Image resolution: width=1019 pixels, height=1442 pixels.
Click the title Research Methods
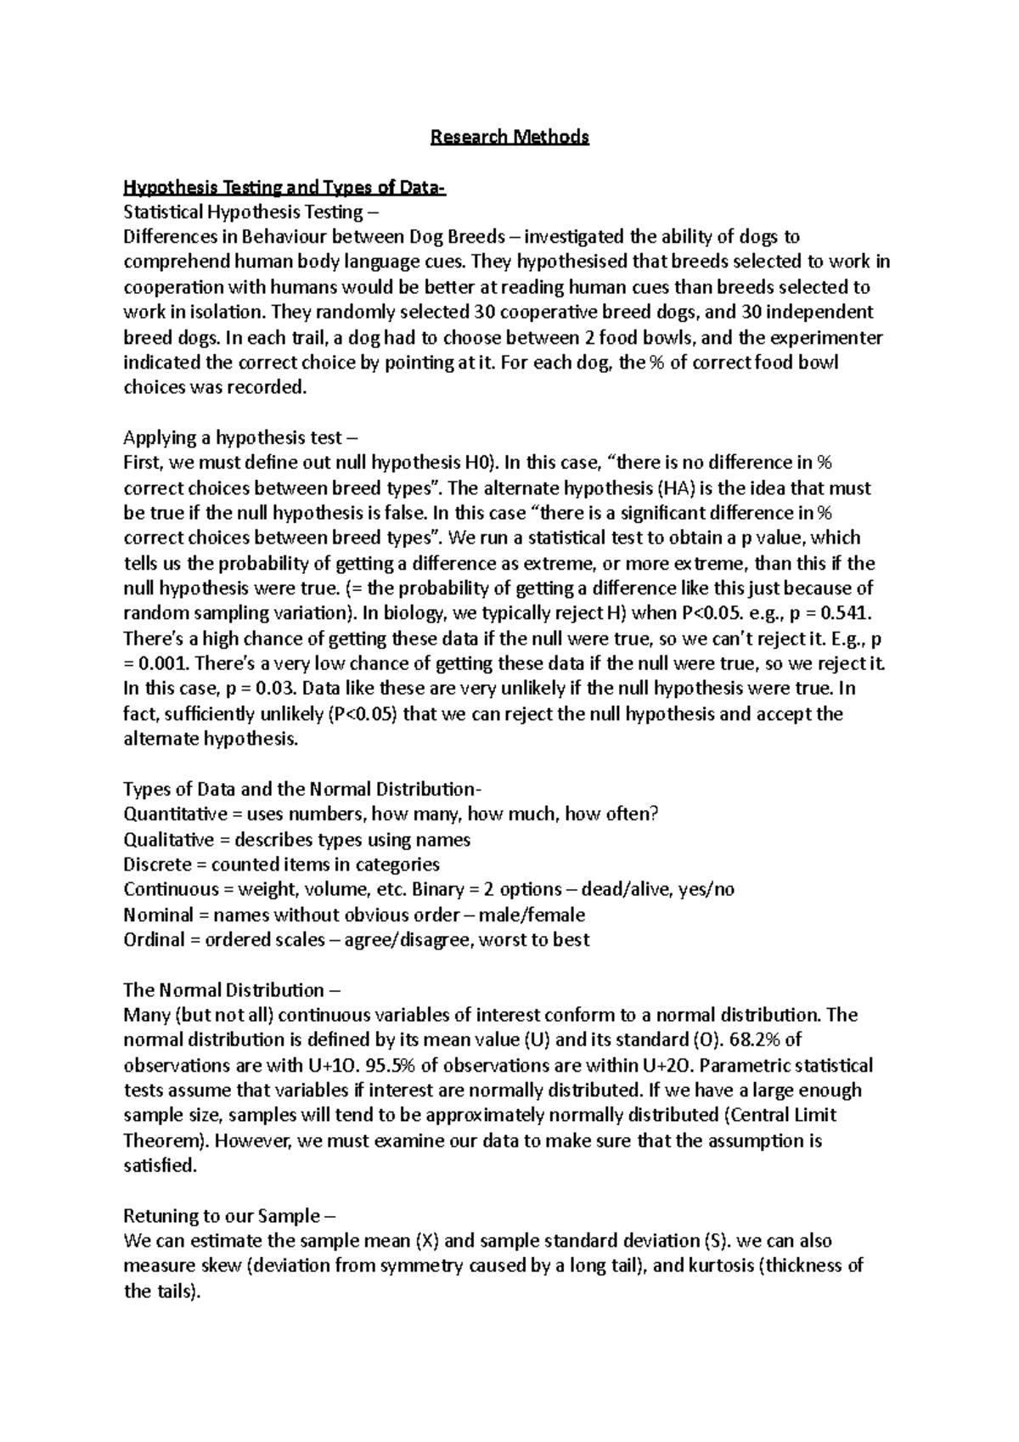[x=509, y=137]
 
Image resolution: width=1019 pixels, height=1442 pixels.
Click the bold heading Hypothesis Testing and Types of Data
[x=284, y=187]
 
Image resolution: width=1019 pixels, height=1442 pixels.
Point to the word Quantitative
[x=168, y=814]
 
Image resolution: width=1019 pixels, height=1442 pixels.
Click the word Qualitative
[x=168, y=840]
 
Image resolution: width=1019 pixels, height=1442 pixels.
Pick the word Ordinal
[x=154, y=940]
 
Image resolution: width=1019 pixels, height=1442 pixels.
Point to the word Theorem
[x=163, y=1141]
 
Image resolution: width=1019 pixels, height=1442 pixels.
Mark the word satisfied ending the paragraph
[x=160, y=1166]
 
